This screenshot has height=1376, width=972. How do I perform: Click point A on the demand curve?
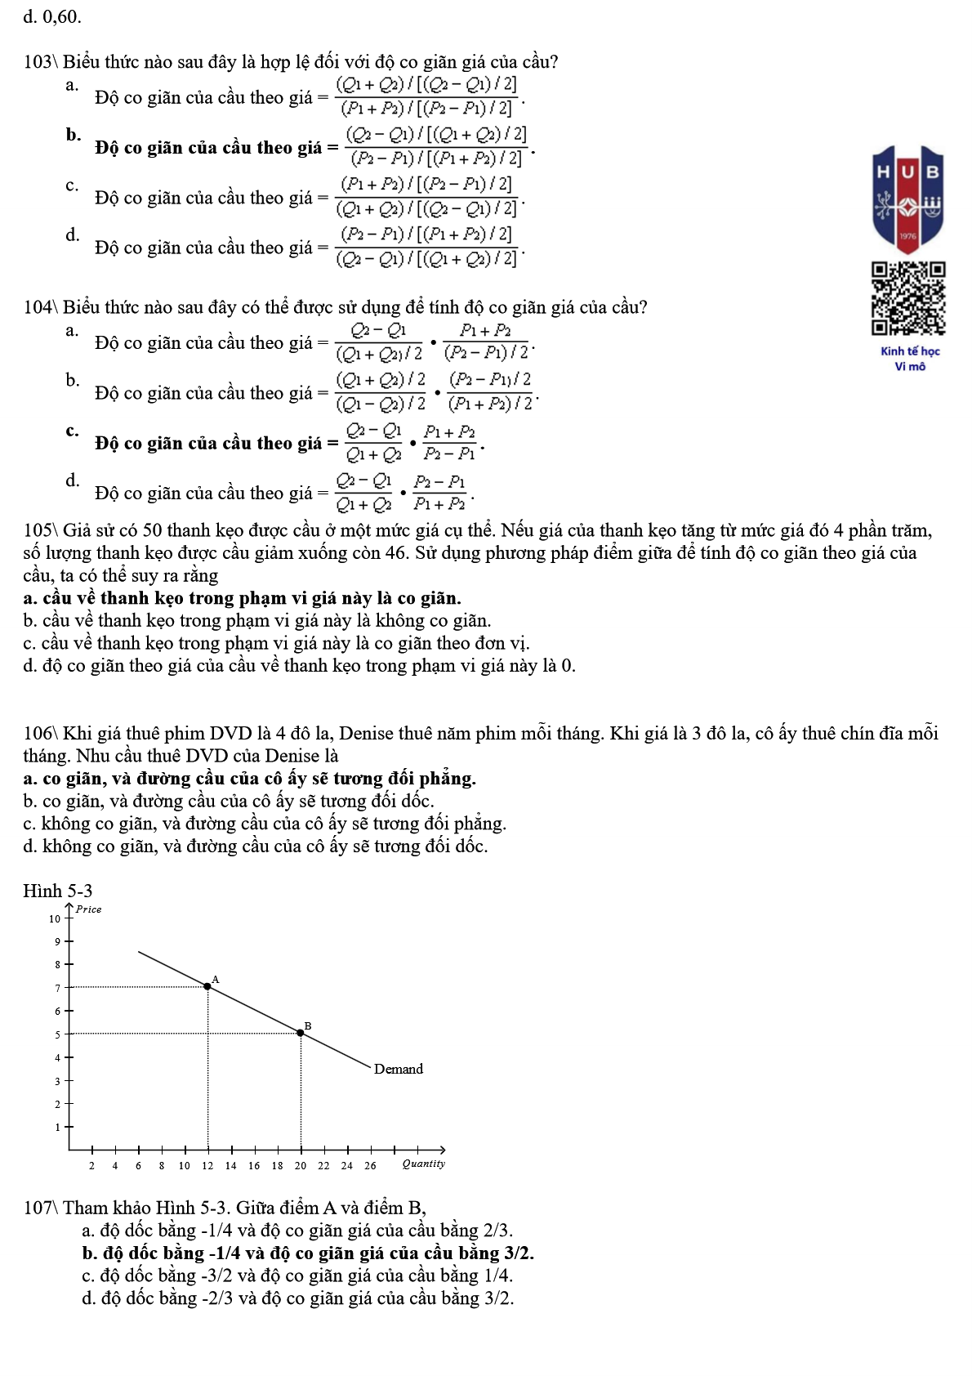[x=207, y=986]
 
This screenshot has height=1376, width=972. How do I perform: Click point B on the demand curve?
[x=301, y=1033]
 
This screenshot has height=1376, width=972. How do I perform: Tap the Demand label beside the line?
[x=398, y=1069]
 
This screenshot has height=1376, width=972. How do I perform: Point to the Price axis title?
[x=88, y=909]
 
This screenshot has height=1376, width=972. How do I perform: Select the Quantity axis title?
[x=423, y=1164]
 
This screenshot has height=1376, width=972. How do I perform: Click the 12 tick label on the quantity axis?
[x=207, y=1166]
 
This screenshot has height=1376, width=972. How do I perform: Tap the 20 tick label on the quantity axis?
[x=301, y=1166]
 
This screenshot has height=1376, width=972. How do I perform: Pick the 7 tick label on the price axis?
[x=58, y=988]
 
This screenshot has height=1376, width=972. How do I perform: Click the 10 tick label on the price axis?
[x=55, y=918]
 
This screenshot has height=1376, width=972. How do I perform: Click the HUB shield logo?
[x=908, y=199]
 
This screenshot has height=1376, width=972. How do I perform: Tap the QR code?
[x=908, y=299]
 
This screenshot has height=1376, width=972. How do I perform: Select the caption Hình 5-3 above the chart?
[x=58, y=891]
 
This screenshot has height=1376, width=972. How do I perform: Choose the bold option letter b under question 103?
[x=74, y=135]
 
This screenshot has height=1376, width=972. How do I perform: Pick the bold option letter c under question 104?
[x=73, y=431]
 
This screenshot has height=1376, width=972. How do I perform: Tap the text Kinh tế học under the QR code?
[x=910, y=351]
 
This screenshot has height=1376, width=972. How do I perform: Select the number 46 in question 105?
[x=396, y=553]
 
